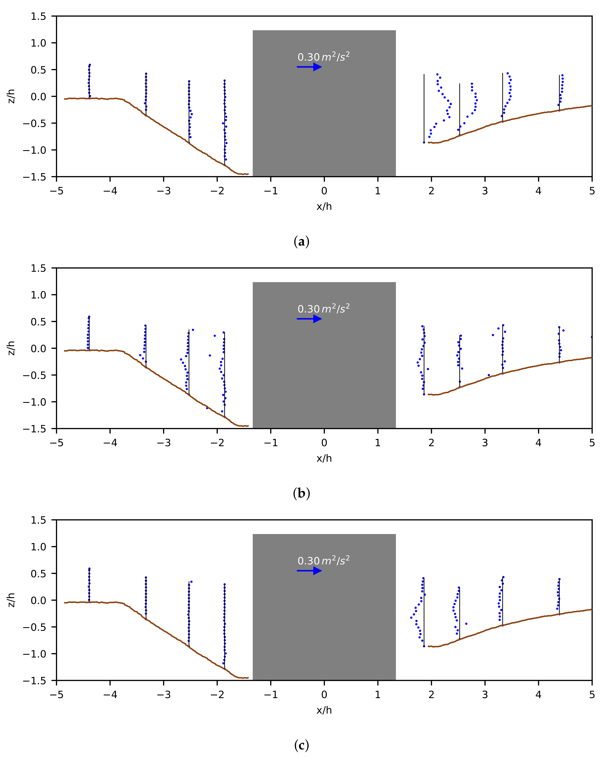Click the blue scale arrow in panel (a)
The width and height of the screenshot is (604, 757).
309,67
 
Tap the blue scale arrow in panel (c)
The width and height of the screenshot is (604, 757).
309,571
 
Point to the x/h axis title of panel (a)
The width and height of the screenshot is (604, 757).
324,206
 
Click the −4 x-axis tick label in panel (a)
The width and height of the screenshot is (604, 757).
110,191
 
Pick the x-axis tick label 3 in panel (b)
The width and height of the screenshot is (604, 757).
485,443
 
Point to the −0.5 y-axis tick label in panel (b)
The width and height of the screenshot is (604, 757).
34,375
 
